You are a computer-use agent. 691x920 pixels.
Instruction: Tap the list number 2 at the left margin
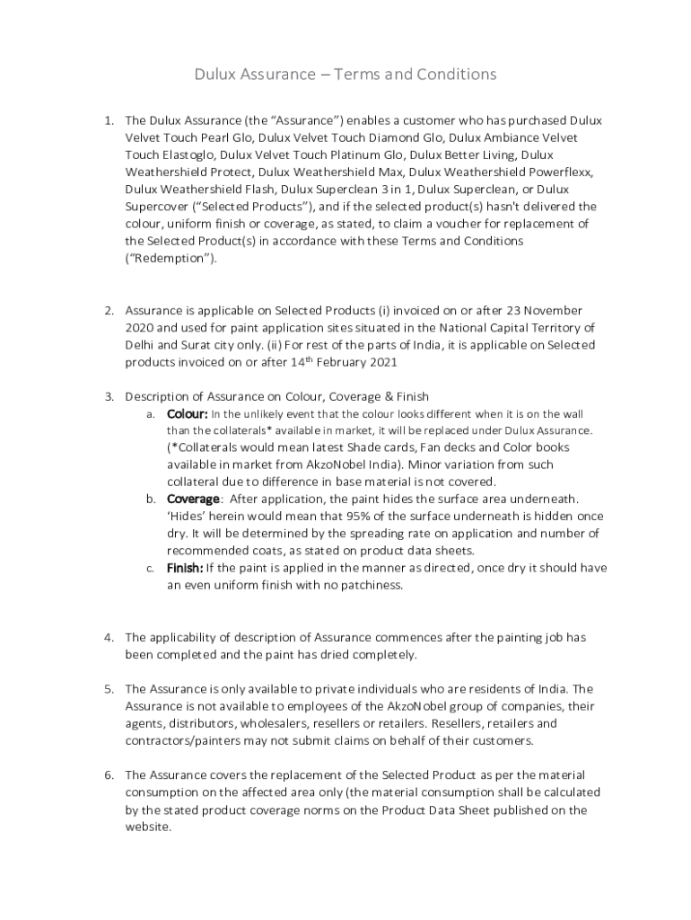click(109, 310)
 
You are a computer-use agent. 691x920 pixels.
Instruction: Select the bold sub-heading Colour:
click(188, 413)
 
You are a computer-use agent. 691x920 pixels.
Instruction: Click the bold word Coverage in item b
click(193, 499)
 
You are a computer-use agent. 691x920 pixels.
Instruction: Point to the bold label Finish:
click(185, 568)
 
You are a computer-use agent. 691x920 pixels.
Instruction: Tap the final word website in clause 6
click(146, 827)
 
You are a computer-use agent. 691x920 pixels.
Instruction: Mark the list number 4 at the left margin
click(109, 637)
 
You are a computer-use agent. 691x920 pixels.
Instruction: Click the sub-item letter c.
click(149, 569)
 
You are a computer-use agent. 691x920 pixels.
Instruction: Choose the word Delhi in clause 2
click(139, 344)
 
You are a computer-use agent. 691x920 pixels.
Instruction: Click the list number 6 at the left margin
click(109, 774)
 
